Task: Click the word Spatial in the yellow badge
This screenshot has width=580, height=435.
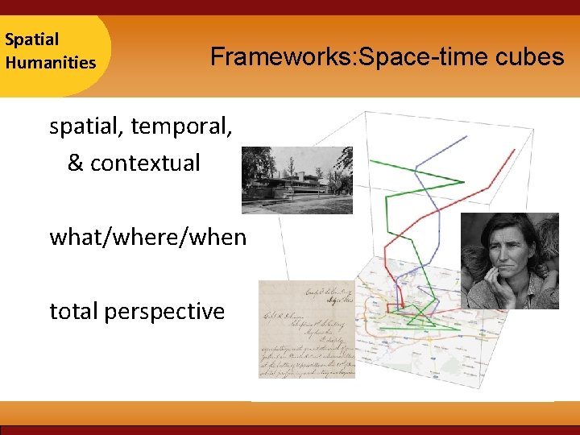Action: pos(31,39)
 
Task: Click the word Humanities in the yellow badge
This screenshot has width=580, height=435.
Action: pos(50,62)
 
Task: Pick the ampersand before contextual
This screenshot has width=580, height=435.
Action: pos(75,163)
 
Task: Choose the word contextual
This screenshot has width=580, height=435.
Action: pos(145,163)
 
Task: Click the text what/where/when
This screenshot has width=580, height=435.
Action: pos(147,237)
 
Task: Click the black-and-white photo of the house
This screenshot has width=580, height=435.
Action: pos(296,180)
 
